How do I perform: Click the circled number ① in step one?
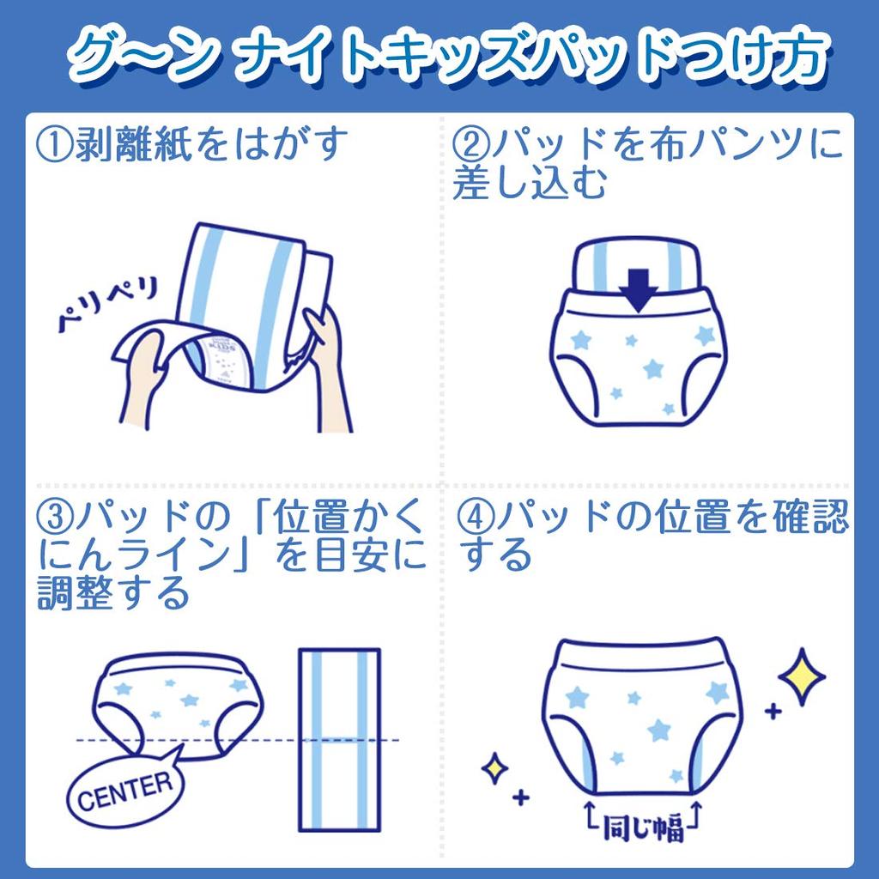(56, 145)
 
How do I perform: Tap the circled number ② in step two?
(470, 145)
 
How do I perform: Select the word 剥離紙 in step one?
(132, 145)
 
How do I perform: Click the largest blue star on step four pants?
(660, 730)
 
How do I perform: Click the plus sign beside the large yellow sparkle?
(773, 711)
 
